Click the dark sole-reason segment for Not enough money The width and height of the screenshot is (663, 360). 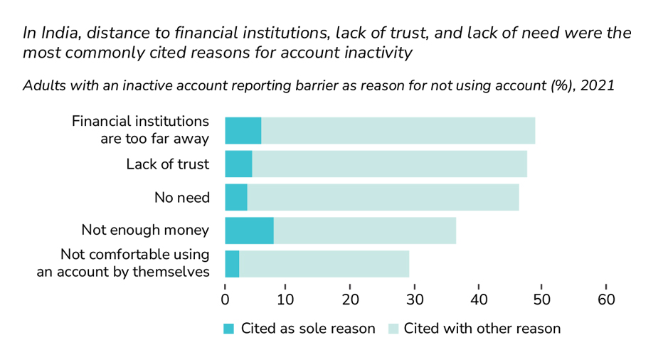tap(249, 231)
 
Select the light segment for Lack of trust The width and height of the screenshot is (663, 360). tap(389, 164)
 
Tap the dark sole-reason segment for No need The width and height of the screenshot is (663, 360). tap(236, 197)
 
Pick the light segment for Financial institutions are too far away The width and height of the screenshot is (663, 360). tap(398, 130)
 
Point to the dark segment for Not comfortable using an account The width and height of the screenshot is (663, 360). tap(232, 264)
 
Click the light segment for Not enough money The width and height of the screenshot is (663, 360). tap(364, 231)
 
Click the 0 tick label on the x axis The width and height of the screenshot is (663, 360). tap(225, 300)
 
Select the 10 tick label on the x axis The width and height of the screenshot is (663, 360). tap(285, 300)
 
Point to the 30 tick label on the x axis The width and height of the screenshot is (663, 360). tap(415, 300)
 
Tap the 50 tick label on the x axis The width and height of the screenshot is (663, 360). tap(542, 300)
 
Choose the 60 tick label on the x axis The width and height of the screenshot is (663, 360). tap(605, 300)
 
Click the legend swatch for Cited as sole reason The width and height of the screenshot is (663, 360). tap(228, 329)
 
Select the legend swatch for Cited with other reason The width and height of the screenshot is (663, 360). tap(393, 329)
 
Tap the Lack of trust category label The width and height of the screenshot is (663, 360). tap(167, 164)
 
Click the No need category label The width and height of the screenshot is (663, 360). tap(181, 197)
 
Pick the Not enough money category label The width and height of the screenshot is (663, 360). tap(145, 230)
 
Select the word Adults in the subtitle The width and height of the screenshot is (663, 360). tap(43, 85)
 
